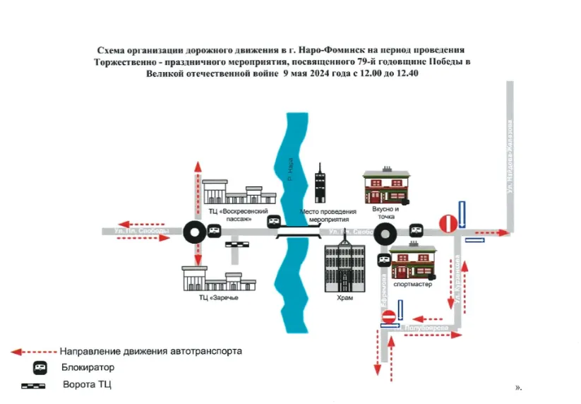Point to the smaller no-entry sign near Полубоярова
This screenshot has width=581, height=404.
point(388,317)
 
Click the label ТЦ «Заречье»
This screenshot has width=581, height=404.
point(218,298)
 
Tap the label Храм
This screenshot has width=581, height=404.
point(344,298)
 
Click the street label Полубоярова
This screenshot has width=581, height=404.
point(426,328)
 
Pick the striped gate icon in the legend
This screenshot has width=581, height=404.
point(33,386)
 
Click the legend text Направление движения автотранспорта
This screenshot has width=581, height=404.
point(151,350)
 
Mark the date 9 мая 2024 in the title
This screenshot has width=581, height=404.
point(316,74)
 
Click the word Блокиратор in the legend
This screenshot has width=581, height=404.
point(88,367)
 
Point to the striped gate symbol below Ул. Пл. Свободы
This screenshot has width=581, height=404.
point(236,244)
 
